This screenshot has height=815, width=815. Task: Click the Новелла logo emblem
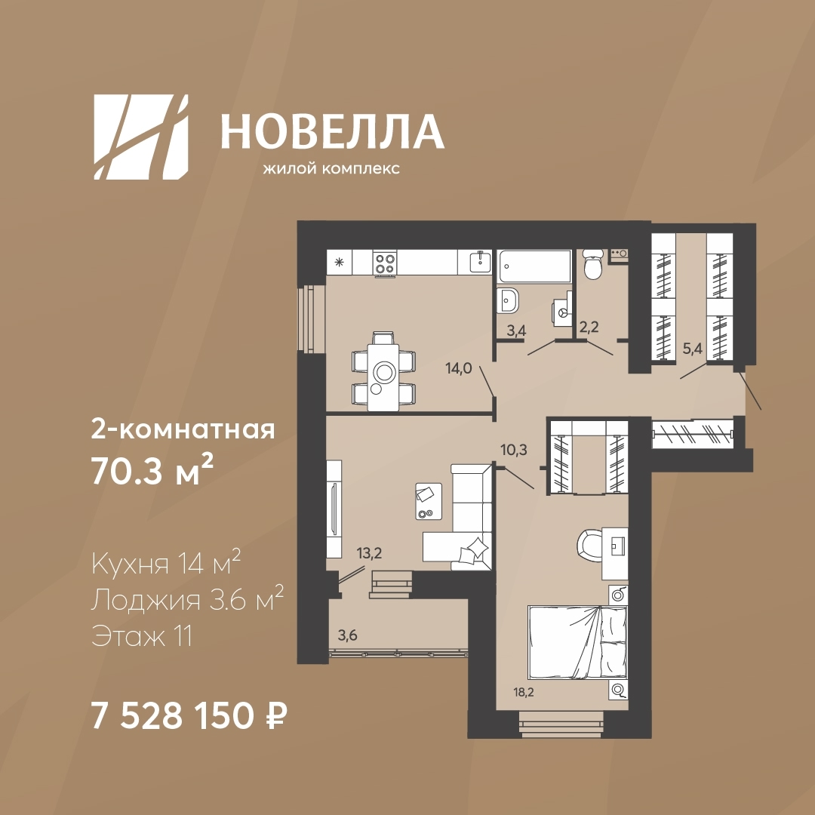tap(141, 137)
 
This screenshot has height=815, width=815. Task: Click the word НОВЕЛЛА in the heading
tap(332, 131)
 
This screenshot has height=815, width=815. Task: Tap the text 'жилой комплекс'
tap(331, 169)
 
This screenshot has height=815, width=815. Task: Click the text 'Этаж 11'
tap(142, 635)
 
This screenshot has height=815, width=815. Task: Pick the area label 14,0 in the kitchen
tap(459, 368)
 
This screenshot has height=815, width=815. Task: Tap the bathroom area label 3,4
tap(516, 331)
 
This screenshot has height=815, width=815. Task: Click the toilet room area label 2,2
tap(589, 327)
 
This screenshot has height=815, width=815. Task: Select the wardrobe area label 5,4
tap(692, 348)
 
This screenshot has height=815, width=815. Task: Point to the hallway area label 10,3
tap(514, 450)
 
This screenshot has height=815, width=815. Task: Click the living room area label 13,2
tap(369, 553)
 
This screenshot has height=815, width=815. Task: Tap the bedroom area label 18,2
tap(524, 692)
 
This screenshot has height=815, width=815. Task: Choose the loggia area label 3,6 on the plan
tap(347, 635)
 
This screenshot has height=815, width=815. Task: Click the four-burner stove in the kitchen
tap(385, 263)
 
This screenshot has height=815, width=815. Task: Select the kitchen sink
tap(481, 261)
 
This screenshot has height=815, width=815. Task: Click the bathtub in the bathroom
tap(534, 266)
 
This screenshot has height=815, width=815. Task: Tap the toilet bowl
tap(592, 263)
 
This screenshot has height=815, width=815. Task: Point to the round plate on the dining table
tap(385, 371)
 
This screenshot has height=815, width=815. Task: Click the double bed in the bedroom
tap(577, 642)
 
